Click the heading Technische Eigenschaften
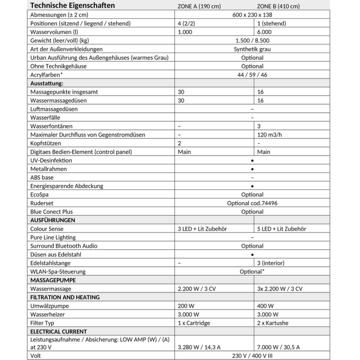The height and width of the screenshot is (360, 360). tap(72, 6)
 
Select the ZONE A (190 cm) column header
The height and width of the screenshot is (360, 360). tap(199, 6)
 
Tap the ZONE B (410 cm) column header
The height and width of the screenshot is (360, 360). tap(278, 6)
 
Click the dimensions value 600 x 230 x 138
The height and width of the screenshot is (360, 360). tap(252, 15)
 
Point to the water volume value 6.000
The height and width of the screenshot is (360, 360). tap(264, 32)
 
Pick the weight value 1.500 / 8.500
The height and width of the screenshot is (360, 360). tap(252, 40)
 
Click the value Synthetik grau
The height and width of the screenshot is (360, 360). tap(252, 49)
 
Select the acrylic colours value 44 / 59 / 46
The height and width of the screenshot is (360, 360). tap(252, 75)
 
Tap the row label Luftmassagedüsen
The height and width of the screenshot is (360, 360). tap(54, 109)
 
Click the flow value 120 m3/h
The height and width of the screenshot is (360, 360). tap(269, 135)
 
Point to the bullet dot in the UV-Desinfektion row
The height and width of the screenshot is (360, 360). tap(252, 161)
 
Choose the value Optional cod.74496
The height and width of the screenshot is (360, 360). tap(252, 203)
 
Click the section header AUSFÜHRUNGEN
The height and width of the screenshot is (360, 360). tap(52, 220)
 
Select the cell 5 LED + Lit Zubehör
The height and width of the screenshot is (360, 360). tap(281, 229)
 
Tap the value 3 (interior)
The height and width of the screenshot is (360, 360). tap(271, 263)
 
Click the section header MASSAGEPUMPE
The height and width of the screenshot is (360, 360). tap(53, 280)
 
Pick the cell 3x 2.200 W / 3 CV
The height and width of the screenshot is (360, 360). tap(279, 289)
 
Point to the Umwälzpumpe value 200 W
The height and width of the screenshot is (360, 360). tap(186, 306)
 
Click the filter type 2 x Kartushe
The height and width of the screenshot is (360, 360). tap(272, 323)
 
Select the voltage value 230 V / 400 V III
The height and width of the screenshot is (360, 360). tap(252, 356)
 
